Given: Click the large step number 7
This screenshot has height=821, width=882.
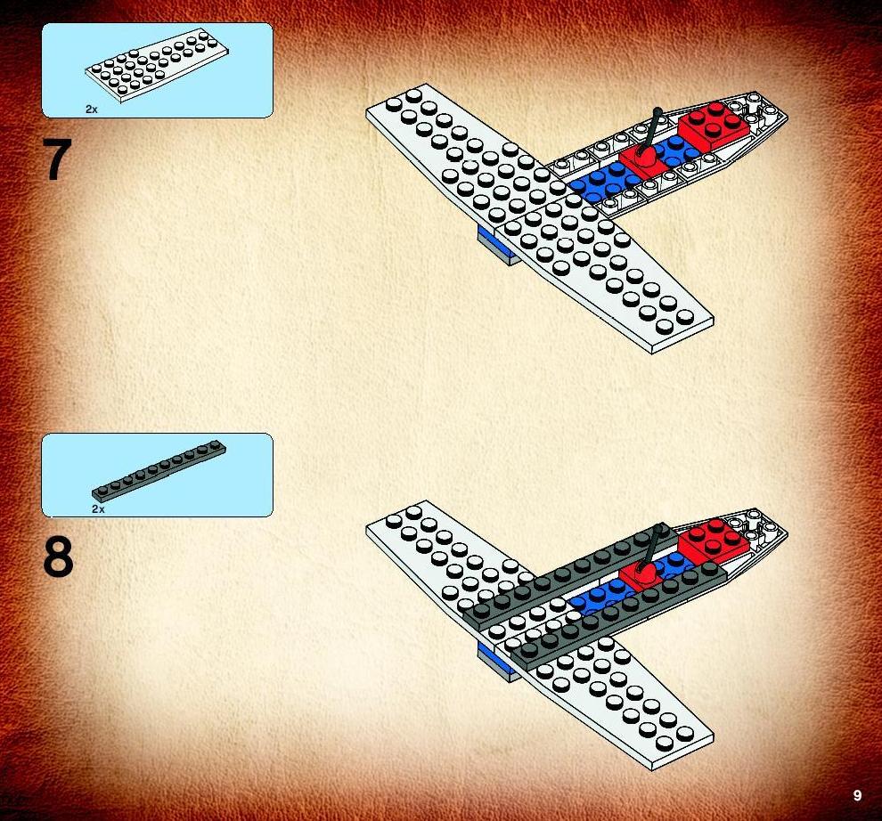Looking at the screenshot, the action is coord(57,159).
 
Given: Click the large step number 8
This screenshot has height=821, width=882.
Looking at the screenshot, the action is coord(58,557).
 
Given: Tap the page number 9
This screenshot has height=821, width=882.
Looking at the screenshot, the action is coord(857,795).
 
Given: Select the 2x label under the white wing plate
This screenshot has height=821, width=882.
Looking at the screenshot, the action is coord(91,110).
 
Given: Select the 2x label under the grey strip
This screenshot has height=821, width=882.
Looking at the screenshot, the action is coord(98,509).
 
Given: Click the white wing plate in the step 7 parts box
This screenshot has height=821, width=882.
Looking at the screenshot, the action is coord(157,65).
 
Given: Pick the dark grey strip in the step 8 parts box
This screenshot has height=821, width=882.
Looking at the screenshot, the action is coord(159,471).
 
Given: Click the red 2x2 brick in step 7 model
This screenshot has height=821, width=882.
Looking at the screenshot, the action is coord(714,125).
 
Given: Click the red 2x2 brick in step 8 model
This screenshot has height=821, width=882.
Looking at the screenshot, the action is coord(714,541).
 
